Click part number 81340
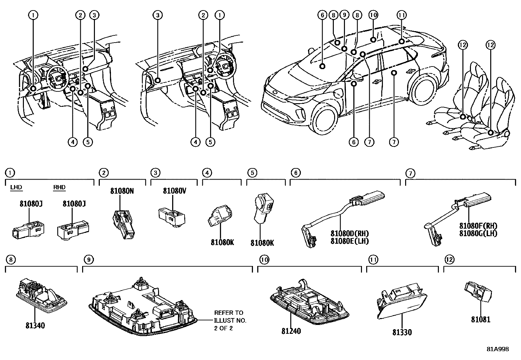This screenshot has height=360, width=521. coord(35,326)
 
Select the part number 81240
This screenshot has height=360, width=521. coord(291,331)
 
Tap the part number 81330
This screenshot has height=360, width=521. coord(402,332)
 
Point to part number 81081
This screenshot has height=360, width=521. coord(481,319)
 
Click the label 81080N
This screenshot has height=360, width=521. coord(122,191)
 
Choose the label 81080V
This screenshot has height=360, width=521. coord(174,191)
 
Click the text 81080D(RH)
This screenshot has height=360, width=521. coord(350,234)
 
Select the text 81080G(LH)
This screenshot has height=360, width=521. coord(478,233)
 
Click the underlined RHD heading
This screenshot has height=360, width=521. coord(59,187)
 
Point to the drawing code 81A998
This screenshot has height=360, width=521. coord(497,349)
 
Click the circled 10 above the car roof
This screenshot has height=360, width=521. coord(373,15)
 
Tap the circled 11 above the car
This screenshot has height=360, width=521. coord(402,15)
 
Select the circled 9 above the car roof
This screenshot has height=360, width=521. coord(344,15)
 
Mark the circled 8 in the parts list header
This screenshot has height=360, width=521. coord(10,260)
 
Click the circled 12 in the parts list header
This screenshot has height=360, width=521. coord(449,260)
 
